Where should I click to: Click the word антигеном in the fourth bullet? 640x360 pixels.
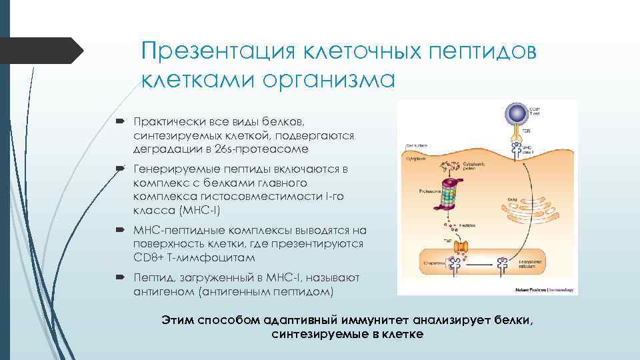click(x=162, y=292)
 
